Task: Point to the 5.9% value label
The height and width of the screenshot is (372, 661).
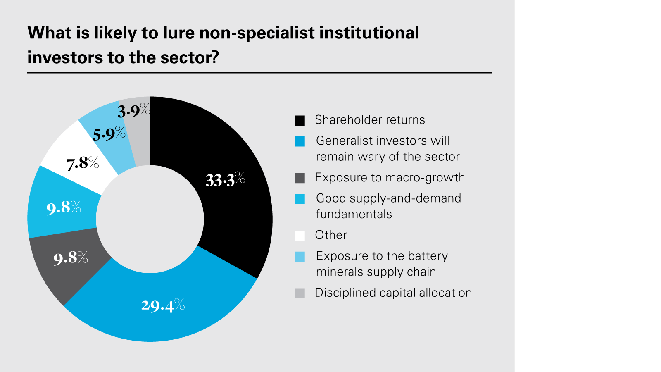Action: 109,134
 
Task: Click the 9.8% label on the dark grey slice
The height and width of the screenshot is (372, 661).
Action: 71,258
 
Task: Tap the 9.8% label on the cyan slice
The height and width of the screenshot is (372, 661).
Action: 64,207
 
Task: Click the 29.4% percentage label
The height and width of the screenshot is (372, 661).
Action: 163,305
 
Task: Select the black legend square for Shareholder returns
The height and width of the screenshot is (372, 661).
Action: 300,120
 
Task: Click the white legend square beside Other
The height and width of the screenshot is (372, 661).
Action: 300,236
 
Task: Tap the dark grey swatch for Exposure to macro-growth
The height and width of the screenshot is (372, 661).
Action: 300,178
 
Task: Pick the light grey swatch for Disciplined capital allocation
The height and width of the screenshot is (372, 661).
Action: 300,293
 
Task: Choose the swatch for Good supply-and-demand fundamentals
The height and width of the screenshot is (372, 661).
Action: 300,199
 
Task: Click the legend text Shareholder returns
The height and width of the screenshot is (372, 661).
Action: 370,120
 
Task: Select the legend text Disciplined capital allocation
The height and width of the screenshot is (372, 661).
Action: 393,293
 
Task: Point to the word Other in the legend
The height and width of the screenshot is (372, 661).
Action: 330,235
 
